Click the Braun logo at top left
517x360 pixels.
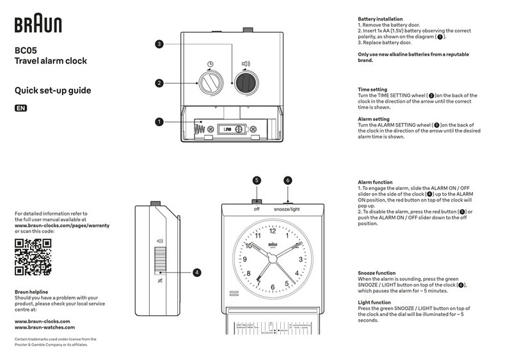(x=38, y=25)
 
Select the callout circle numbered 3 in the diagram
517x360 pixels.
(x=160, y=44)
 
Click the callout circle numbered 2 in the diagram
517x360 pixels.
(x=160, y=83)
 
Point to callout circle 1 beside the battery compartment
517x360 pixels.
(x=160, y=121)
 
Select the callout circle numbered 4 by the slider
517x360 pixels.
(x=197, y=272)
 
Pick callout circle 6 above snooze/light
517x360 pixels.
(x=287, y=180)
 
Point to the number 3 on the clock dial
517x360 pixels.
(x=300, y=260)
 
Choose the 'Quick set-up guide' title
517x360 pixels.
(x=52, y=91)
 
